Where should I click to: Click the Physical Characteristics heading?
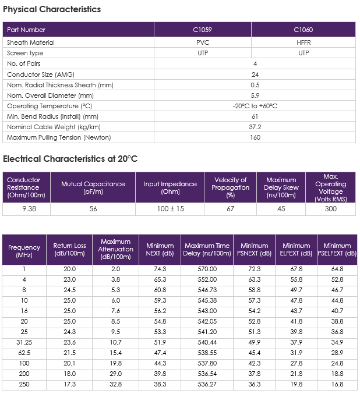pos(52,9)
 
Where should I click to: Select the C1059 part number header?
pos(203,30)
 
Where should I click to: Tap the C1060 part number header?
pos(303,30)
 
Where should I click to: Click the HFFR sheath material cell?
pos(303,42)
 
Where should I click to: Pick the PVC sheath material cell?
pos(203,42)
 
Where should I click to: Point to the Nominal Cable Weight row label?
pos(54,127)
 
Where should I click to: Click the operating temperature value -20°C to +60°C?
pos(255,106)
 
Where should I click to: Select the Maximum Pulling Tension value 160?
pos(255,137)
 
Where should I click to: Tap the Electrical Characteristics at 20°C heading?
pos(70,159)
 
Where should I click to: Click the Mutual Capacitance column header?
pos(93,188)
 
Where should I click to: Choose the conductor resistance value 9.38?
pos(29,209)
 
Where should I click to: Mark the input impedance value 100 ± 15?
pos(171,209)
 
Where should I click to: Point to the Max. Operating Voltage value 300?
pos(330,209)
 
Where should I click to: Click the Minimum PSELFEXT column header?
pos(337,249)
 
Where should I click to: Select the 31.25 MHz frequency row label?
pos(24,342)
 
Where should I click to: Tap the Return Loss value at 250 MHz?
pos(70,384)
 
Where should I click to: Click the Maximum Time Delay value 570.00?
pos(207,269)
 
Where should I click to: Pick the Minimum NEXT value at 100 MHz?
pos(160,363)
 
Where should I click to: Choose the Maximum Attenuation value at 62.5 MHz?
pos(116,353)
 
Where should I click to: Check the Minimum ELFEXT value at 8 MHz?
pos(297,290)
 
